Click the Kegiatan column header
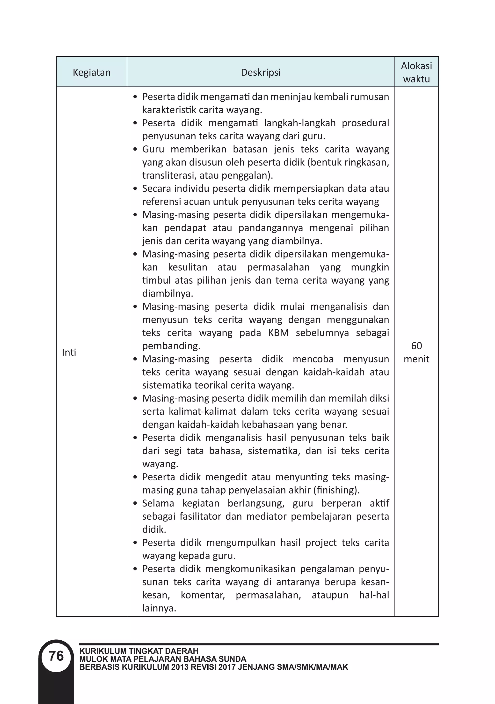tap(92, 73)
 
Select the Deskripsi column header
tap(261, 73)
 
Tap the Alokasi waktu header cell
tap(416, 72)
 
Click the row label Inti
tap(69, 353)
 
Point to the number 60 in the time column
tap(416, 346)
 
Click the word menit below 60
tap(416, 359)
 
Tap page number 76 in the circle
tap(56, 656)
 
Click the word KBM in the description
tap(278, 333)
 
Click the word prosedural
tap(365, 123)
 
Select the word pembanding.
tap(171, 346)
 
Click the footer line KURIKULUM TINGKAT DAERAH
tap(139, 651)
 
